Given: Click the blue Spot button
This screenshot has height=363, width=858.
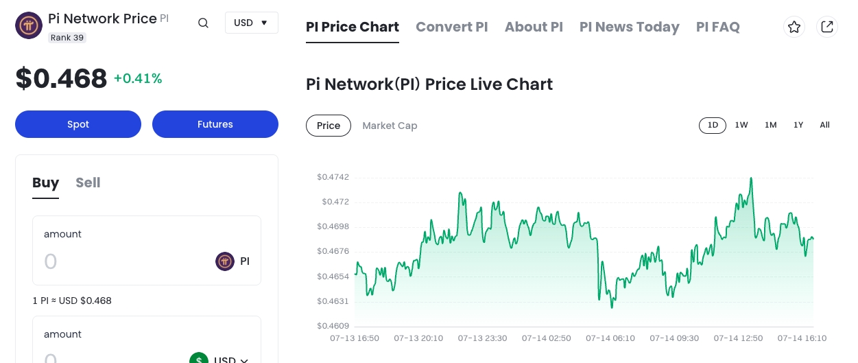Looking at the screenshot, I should pyautogui.click(x=78, y=124).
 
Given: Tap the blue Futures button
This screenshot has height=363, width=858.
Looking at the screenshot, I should pyautogui.click(x=215, y=124).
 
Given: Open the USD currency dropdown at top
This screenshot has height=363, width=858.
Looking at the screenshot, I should pyautogui.click(x=251, y=23).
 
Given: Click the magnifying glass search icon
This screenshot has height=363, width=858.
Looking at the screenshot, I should pyautogui.click(x=203, y=23).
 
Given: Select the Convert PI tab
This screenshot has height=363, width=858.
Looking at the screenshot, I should pyautogui.click(x=451, y=27).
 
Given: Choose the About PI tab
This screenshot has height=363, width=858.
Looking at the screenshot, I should pyautogui.click(x=534, y=27).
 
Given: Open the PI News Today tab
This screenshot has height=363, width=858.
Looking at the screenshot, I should pyautogui.click(x=629, y=27).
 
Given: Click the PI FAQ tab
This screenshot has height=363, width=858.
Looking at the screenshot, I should pyautogui.click(x=717, y=27).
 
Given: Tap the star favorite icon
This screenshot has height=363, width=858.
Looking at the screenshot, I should pyautogui.click(x=794, y=27).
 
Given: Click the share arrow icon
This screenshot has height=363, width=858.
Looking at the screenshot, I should pyautogui.click(x=827, y=27).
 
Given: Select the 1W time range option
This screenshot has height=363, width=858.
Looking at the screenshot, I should pyautogui.click(x=741, y=125).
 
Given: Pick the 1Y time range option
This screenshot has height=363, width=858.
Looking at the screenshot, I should pyautogui.click(x=798, y=125).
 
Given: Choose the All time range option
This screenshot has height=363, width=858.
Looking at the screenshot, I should pyautogui.click(x=824, y=125).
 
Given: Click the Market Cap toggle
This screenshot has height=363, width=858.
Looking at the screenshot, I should pyautogui.click(x=390, y=126).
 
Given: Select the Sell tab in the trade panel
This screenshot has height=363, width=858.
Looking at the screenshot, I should pyautogui.click(x=88, y=183).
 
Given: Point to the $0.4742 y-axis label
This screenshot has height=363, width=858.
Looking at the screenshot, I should pyautogui.click(x=333, y=177).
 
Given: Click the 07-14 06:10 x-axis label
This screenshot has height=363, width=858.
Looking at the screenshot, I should pyautogui.click(x=610, y=338).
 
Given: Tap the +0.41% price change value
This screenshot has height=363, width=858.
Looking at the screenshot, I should pyautogui.click(x=138, y=79).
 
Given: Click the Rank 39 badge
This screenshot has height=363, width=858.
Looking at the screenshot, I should pyautogui.click(x=67, y=38).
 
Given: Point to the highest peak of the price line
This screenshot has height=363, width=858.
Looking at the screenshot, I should pyautogui.click(x=752, y=178).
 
